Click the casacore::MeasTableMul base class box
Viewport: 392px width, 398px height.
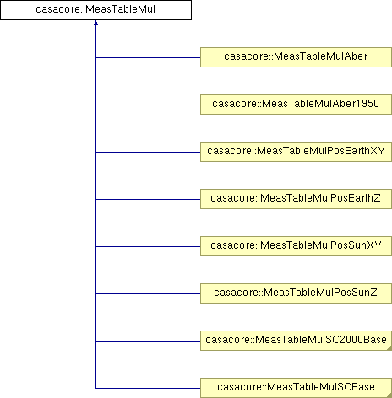point(95,10)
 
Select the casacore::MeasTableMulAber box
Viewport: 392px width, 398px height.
point(296,57)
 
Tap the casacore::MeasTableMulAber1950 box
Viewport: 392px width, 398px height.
point(296,105)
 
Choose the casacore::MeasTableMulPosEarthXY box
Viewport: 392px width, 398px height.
point(296,152)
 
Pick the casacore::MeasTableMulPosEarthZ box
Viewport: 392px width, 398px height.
point(296,199)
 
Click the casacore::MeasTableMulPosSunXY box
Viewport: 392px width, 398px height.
point(296,246)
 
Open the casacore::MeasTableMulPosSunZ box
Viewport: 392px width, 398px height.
point(296,293)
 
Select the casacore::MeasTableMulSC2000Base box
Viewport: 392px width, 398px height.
point(296,341)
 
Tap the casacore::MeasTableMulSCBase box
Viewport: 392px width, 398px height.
point(296,388)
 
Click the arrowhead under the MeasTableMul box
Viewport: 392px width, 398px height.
point(95,23)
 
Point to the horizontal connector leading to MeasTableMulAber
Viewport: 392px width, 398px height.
point(148,57)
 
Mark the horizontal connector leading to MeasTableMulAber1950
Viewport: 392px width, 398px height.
point(148,105)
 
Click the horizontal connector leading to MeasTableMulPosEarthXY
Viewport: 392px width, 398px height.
point(148,152)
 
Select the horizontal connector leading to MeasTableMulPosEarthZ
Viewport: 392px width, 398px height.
point(148,199)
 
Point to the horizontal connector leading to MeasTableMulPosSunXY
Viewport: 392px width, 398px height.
point(148,246)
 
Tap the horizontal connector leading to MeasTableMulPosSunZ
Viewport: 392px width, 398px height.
point(148,293)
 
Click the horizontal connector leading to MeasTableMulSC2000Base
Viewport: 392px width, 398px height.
point(148,341)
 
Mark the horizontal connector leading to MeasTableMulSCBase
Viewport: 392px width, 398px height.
point(148,388)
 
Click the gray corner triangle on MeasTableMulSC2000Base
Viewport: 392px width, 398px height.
point(389,348)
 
